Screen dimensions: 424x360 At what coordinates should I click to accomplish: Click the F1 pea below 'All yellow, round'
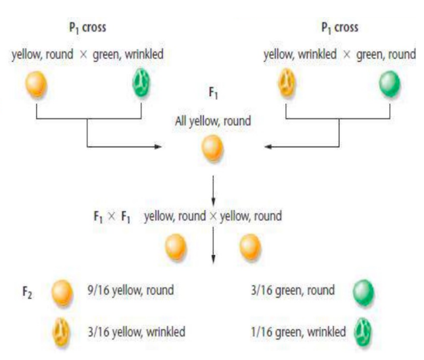click(214, 147)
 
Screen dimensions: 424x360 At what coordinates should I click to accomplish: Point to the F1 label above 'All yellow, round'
click(213, 94)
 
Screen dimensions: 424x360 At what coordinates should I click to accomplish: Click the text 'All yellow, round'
click(214, 121)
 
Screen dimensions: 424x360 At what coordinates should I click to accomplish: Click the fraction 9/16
click(105, 290)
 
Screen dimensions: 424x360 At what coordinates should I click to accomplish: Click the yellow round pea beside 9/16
click(62, 290)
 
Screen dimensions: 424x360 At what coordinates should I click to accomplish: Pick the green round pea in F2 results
click(362, 290)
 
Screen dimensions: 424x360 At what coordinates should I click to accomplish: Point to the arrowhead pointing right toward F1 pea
click(157, 145)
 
